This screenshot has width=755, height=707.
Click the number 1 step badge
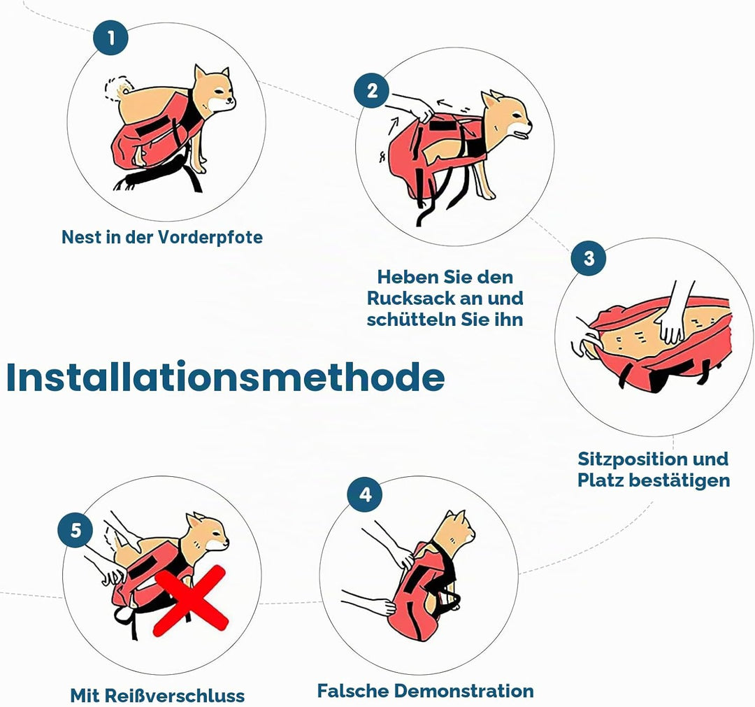point(111,38)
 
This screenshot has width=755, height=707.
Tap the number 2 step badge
point(372,90)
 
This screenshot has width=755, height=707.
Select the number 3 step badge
point(589,258)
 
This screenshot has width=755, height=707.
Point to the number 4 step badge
point(366,494)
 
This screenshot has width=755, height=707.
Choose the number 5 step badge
point(76,530)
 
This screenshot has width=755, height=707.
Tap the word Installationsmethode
point(225,377)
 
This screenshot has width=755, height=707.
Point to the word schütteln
point(411,320)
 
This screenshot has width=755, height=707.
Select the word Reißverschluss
point(174,695)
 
